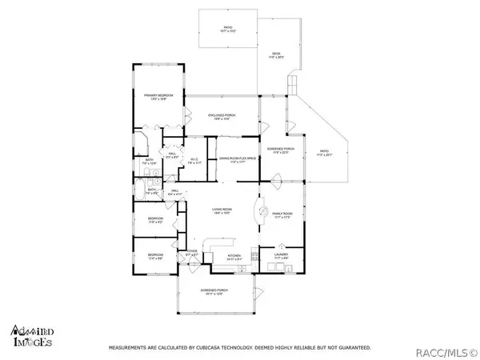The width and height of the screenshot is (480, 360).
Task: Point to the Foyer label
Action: coord(192,253)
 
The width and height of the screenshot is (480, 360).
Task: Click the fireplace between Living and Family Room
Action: coord(262,210)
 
